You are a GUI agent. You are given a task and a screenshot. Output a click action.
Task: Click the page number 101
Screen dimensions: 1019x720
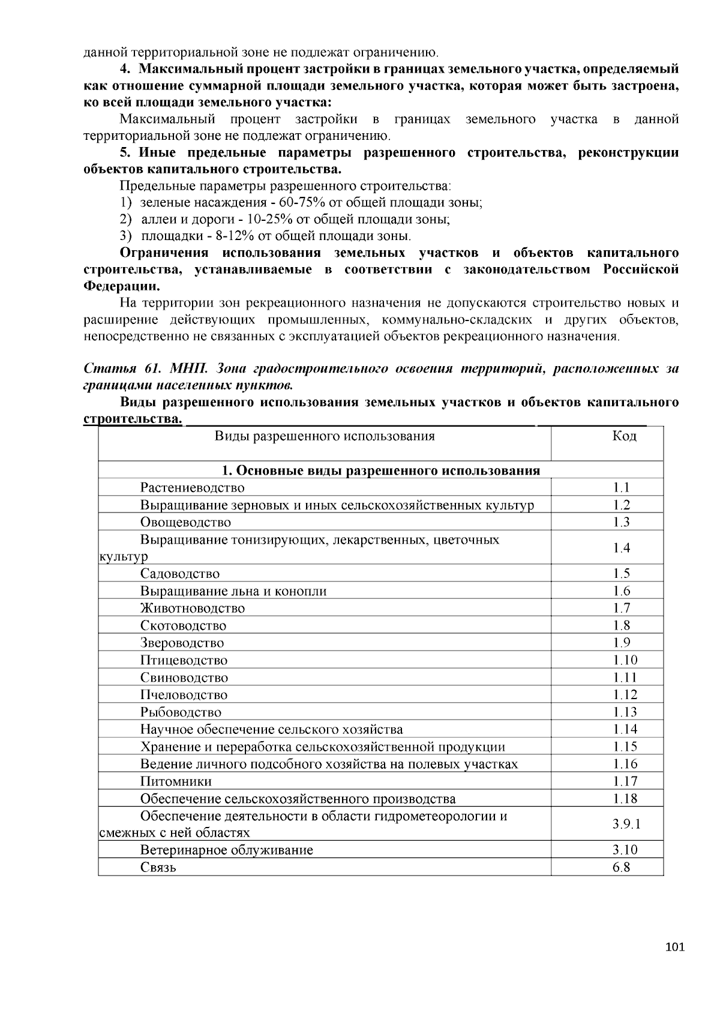tap(675, 947)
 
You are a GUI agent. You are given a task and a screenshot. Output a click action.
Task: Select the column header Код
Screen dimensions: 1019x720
tap(624, 436)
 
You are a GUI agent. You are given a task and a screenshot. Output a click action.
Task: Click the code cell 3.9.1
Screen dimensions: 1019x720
tap(626, 824)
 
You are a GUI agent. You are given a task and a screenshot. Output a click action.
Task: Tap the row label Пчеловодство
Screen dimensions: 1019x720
tap(184, 695)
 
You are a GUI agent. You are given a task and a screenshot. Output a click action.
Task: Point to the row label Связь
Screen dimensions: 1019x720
tap(158, 868)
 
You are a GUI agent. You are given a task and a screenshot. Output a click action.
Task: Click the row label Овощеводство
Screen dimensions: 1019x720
tap(185, 522)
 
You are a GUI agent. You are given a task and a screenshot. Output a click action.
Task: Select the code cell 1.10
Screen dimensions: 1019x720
tap(625, 660)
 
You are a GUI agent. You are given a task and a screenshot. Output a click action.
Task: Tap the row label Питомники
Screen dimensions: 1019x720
tap(176, 781)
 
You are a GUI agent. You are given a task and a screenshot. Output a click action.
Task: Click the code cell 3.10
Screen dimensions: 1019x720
tap(625, 850)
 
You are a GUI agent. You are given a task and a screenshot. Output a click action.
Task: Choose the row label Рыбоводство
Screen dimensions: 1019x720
tap(181, 712)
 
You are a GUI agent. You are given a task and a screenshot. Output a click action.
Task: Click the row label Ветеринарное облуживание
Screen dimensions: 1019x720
tap(226, 850)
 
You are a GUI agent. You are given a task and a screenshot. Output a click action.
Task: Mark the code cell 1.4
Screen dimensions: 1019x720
tap(622, 548)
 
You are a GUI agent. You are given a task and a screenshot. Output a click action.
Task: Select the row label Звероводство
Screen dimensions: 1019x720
tap(182, 643)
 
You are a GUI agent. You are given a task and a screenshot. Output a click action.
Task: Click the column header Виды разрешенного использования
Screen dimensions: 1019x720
tap(324, 436)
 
